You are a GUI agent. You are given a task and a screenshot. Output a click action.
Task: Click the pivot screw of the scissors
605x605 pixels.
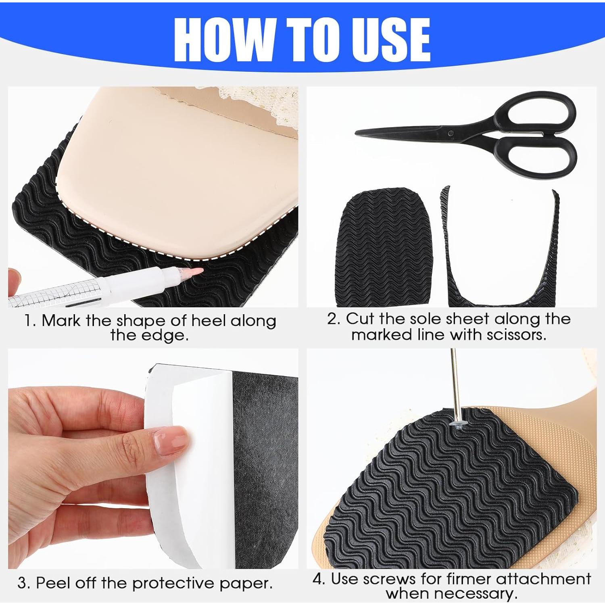[451, 133]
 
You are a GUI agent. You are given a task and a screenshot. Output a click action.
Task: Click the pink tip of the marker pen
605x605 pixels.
[196, 271]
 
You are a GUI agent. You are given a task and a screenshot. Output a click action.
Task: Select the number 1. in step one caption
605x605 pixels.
[30, 321]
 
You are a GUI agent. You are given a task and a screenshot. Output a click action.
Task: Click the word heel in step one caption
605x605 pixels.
[208, 321]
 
